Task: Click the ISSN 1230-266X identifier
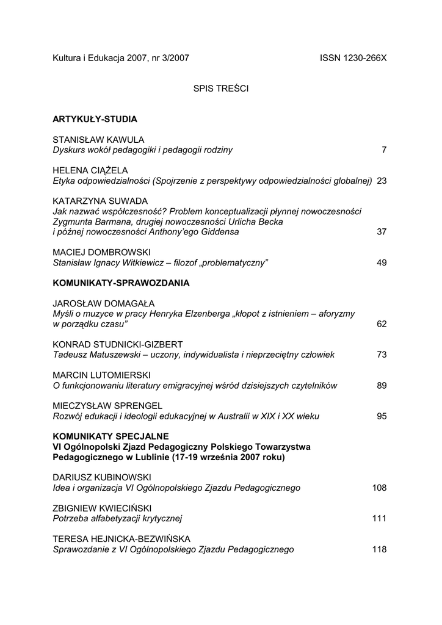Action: (x=353, y=58)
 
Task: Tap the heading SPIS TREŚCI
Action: (x=221, y=89)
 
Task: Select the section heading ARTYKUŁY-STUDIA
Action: (x=95, y=119)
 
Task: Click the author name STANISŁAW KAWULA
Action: (x=98, y=140)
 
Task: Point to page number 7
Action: (x=384, y=150)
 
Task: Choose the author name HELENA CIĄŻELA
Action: (x=90, y=170)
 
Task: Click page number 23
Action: (x=382, y=180)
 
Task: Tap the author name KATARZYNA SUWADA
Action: (x=100, y=201)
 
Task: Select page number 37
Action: (x=382, y=232)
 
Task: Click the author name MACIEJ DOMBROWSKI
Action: (x=101, y=252)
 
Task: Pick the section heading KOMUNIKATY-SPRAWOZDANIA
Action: (x=121, y=283)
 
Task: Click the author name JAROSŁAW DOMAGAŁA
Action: (x=104, y=303)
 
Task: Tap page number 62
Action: (x=382, y=324)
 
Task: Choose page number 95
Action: (x=382, y=416)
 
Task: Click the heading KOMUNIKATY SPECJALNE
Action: (x=111, y=436)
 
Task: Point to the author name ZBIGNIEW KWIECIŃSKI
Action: (x=102, y=508)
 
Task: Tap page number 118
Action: (x=379, y=549)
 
